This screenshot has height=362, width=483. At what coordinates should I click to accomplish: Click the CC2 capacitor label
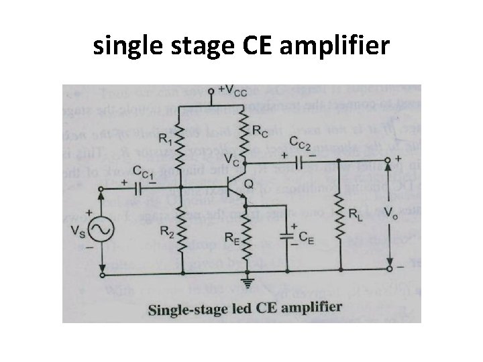pyautogui.click(x=301, y=142)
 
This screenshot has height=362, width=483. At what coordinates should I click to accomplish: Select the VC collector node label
pyautogui.click(x=227, y=162)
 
